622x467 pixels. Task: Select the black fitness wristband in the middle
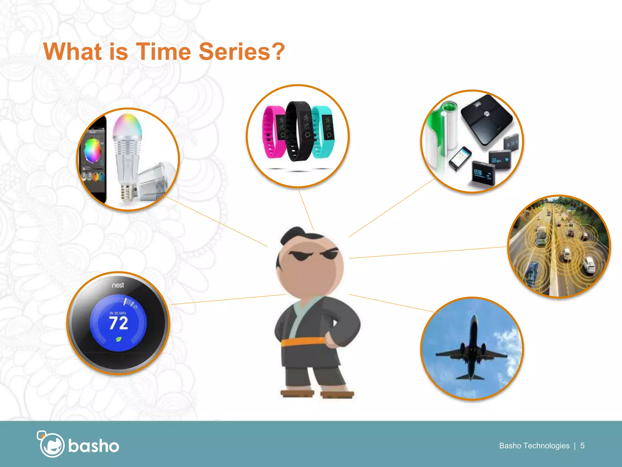299,131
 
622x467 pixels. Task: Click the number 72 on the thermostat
118,323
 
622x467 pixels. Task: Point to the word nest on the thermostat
118,285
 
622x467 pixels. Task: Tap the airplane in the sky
471,350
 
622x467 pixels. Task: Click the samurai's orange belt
304,341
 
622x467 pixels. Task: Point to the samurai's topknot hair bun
292,234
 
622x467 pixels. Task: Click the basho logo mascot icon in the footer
51,445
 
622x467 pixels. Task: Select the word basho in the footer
94,446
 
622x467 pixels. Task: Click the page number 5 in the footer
582,446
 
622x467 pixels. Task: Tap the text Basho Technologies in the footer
534,446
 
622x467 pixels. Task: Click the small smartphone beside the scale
460,158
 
